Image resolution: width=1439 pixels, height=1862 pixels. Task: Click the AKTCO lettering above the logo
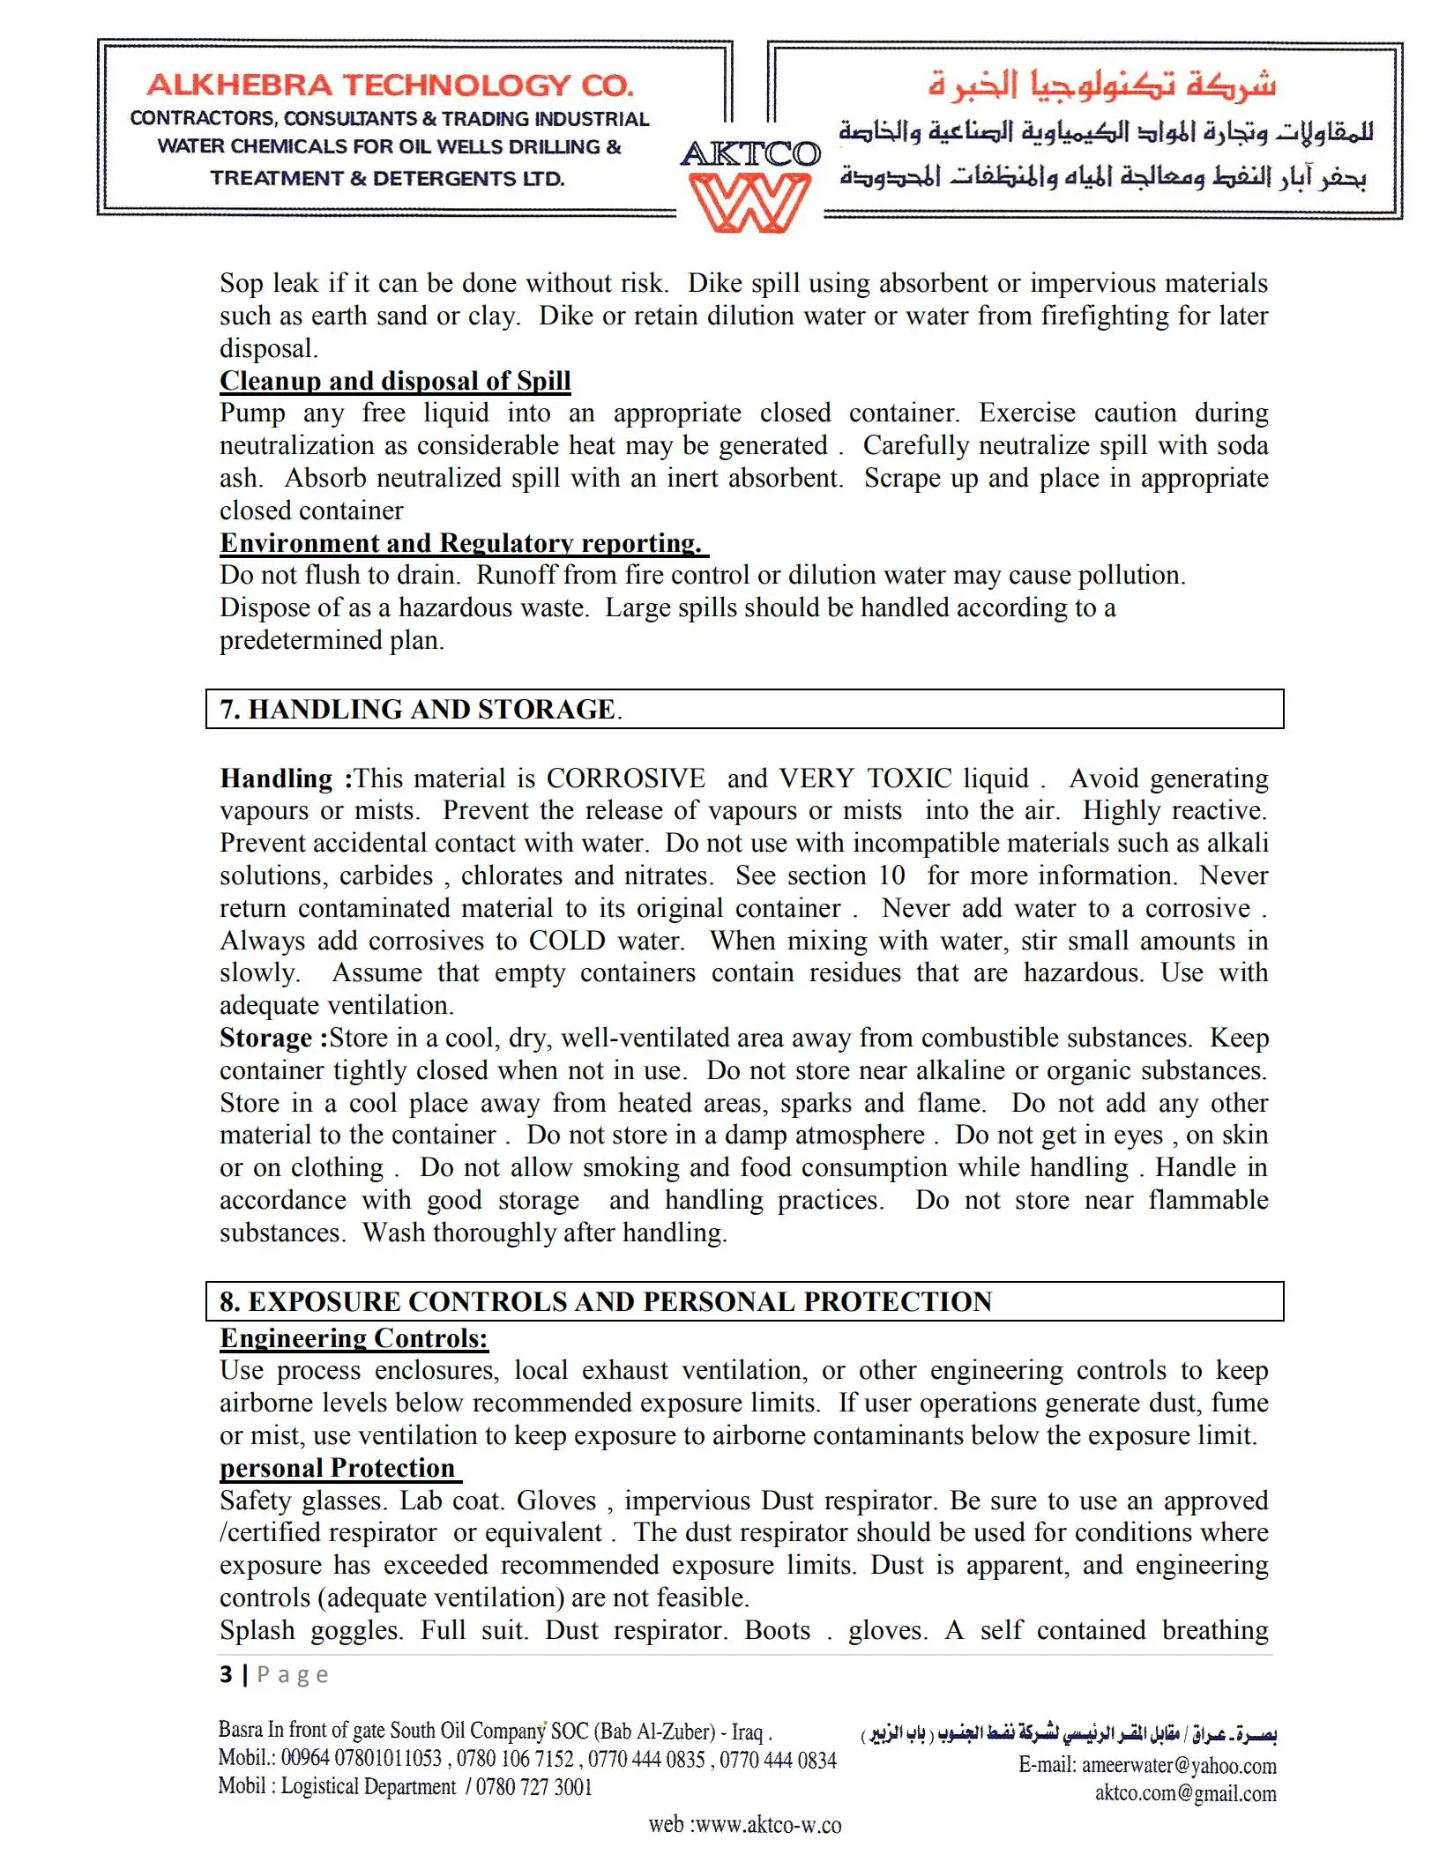coord(750,154)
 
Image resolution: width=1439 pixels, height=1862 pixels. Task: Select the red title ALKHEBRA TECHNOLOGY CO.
coord(390,86)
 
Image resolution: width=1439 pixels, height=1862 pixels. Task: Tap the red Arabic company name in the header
coord(1102,85)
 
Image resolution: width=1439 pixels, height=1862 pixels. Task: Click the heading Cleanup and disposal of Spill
coord(395,381)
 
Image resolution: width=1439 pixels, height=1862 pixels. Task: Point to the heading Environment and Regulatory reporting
coord(462,543)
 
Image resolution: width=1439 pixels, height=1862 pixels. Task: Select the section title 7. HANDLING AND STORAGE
coord(421,709)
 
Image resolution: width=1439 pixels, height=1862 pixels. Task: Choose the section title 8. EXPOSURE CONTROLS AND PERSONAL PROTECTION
coord(606,1301)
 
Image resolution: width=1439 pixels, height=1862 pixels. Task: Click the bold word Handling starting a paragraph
coord(276,778)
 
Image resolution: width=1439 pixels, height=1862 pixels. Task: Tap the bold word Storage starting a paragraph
coord(265,1038)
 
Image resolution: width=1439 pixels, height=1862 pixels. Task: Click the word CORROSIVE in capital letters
coord(625,778)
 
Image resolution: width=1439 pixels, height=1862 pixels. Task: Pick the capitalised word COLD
coord(566,941)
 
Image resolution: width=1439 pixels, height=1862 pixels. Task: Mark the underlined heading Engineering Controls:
coord(354,1338)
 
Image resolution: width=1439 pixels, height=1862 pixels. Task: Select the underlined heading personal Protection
coord(338,1468)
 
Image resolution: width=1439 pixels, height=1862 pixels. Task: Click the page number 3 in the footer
coord(227,1674)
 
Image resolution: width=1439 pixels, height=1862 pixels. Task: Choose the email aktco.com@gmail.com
coord(1185,1793)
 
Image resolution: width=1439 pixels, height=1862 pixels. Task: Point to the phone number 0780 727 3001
coord(534,1787)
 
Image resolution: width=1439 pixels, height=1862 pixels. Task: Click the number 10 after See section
coord(891,875)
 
